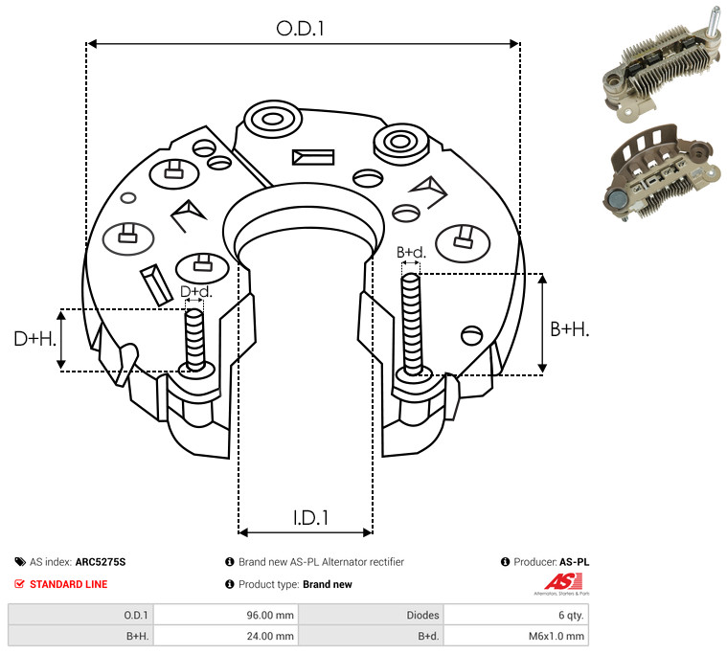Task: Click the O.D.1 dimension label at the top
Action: [x=300, y=29]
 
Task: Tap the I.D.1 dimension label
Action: [x=310, y=518]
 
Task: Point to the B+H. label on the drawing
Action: [x=569, y=329]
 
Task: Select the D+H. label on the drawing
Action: [x=35, y=339]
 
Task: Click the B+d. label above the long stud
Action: [x=411, y=252]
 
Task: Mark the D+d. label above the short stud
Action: [x=195, y=291]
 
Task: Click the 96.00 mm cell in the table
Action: [x=270, y=615]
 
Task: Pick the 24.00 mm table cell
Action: [x=270, y=636]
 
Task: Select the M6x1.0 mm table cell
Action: [x=556, y=636]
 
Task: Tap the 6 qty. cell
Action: [x=571, y=615]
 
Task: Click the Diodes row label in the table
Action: [x=422, y=615]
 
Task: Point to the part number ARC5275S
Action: [x=101, y=562]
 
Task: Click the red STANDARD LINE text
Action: [x=69, y=584]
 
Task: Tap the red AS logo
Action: [x=563, y=582]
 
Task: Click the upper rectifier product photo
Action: [x=662, y=65]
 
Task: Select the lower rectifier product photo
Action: [x=661, y=172]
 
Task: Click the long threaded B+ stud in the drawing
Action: [x=411, y=324]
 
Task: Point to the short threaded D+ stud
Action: [x=194, y=340]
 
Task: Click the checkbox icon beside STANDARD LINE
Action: [x=19, y=584]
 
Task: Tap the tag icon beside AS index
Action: [x=20, y=562]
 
